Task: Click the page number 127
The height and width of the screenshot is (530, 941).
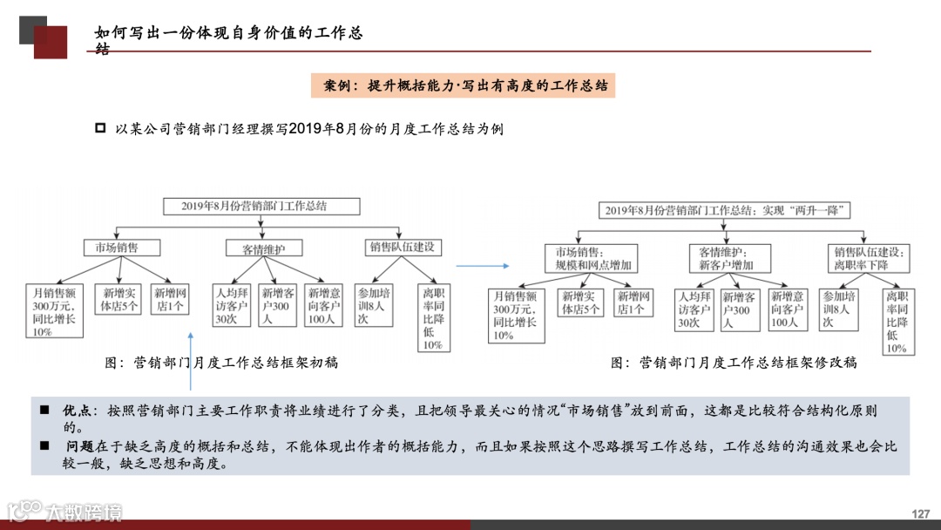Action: pyautogui.click(x=921, y=513)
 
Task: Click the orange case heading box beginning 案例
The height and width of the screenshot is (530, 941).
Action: pyautogui.click(x=463, y=85)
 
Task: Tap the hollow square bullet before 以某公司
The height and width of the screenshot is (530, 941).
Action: pyautogui.click(x=99, y=128)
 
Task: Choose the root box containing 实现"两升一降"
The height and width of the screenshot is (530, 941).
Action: pyautogui.click(x=714, y=210)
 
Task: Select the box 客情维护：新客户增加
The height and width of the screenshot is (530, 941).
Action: pyautogui.click(x=721, y=258)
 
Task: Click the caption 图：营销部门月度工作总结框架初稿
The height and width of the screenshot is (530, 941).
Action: pyautogui.click(x=221, y=363)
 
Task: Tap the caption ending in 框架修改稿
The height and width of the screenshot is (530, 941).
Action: pyautogui.click(x=734, y=363)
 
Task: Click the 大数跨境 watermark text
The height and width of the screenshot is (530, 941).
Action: pyautogui.click(x=84, y=512)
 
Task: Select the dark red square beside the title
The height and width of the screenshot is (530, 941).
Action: pyautogui.click(x=51, y=42)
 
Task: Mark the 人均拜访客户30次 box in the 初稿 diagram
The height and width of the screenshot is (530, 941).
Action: pyautogui.click(x=232, y=307)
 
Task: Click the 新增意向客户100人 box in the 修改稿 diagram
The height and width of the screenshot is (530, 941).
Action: pyautogui.click(x=789, y=309)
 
